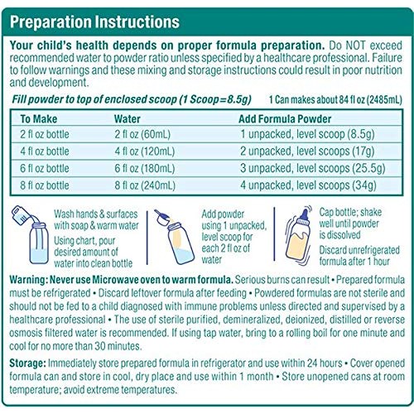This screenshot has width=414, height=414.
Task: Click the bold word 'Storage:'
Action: (x=31, y=363)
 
